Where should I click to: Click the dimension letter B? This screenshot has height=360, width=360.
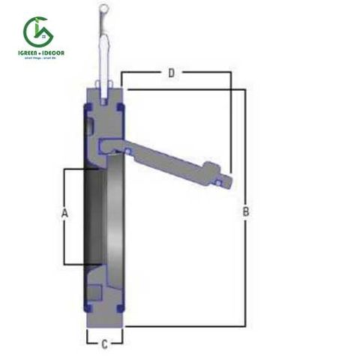click(245, 213)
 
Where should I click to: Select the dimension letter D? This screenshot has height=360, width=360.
click(171, 73)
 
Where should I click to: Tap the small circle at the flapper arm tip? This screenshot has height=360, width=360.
click(218, 181)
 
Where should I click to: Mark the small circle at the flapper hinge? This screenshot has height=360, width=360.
click(127, 151)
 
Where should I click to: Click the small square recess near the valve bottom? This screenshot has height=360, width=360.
click(94, 290)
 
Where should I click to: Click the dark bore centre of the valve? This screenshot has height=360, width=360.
click(96, 217)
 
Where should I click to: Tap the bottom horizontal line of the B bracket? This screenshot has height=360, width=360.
click(187, 327)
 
